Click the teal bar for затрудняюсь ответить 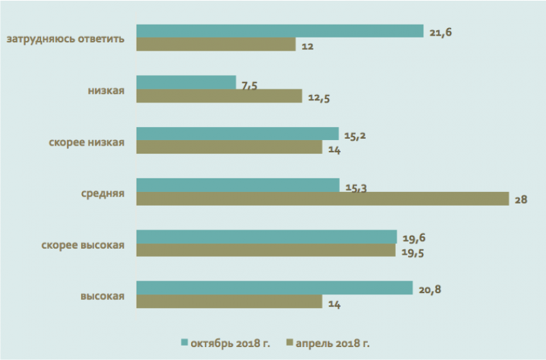click(x=280, y=31)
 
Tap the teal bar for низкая click(x=186, y=82)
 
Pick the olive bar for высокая click(x=229, y=301)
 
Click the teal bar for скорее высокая click(x=266, y=236)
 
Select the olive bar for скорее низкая click(x=229, y=148)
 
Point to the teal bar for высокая click(x=274, y=288)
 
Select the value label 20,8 click(x=430, y=289)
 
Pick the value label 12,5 click(x=319, y=98)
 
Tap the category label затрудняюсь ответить click(x=66, y=38)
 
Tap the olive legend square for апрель click(x=289, y=342)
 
